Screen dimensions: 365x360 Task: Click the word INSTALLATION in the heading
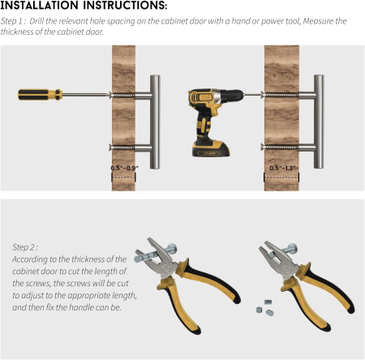[41, 6]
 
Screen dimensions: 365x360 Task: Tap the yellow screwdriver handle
[40, 95]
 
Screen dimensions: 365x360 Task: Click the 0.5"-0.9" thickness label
[124, 168]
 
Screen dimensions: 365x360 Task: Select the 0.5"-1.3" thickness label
[282, 168]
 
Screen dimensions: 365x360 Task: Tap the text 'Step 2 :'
[25, 247]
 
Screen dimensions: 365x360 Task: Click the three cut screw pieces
[265, 308]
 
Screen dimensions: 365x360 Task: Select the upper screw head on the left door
[110, 95]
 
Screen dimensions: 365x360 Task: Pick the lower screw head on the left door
[110, 148]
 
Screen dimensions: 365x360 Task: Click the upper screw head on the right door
[262, 95]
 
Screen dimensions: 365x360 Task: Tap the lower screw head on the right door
[262, 147]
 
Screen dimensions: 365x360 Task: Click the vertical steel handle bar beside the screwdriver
[155, 122]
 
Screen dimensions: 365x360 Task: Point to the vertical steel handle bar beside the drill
[319, 122]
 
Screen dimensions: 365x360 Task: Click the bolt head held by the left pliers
[172, 248]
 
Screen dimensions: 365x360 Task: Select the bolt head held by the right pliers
[292, 248]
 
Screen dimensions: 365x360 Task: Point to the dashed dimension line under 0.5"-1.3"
[281, 178]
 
